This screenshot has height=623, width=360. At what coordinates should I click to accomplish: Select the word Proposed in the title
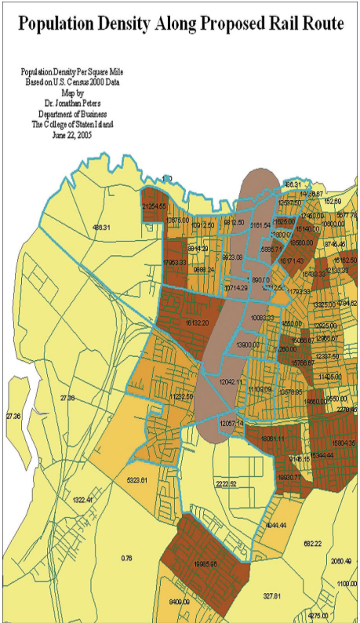pos(220,24)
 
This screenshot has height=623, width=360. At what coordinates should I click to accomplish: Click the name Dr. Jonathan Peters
pos(71,102)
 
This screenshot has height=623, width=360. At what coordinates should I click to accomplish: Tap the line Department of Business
pos(71,112)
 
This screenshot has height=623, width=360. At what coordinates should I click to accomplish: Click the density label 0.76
pos(126,558)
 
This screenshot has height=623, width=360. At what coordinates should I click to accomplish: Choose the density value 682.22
pos(311,543)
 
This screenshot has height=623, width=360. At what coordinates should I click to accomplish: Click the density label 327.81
pos(271,596)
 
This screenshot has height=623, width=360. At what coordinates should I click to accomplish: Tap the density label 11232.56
pos(180,397)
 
